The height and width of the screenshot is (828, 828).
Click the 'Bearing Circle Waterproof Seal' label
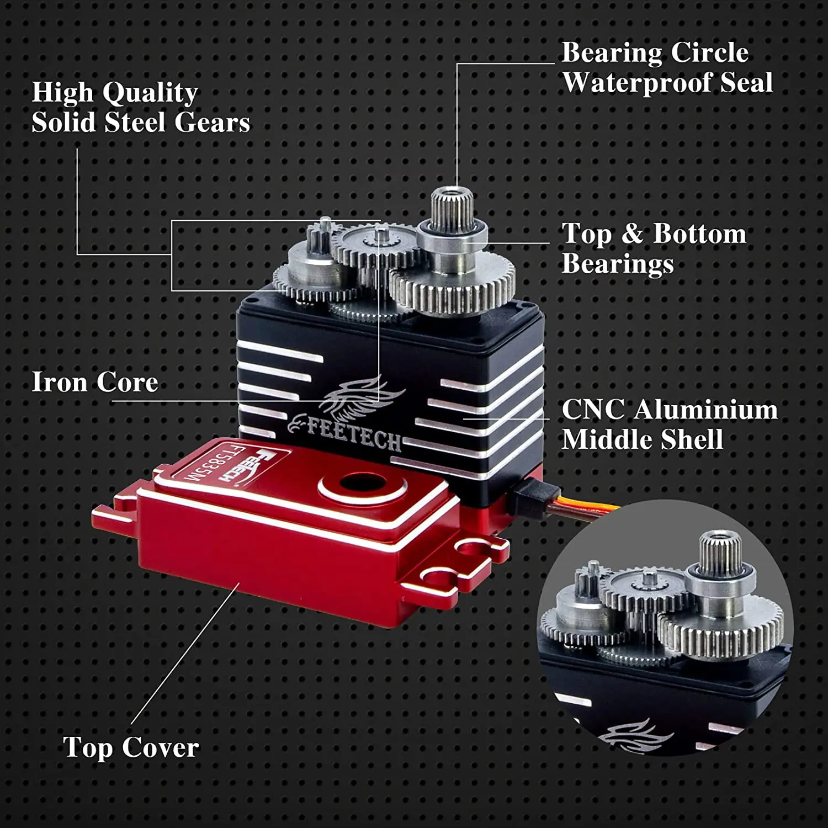pyautogui.click(x=666, y=68)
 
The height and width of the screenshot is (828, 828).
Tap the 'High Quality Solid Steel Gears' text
pyautogui.click(x=140, y=107)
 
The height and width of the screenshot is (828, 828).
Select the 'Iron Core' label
pyautogui.click(x=94, y=382)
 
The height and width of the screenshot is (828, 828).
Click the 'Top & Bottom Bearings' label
pyautogui.click(x=653, y=248)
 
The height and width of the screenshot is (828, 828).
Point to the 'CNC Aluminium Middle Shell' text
pyautogui.click(x=669, y=424)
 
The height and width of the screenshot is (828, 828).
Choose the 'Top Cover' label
pyautogui.click(x=131, y=747)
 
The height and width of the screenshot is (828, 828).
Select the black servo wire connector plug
pyautogui.click(x=531, y=493)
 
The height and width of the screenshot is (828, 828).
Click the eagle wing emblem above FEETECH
pyautogui.click(x=362, y=400)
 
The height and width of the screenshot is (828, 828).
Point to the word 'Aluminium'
pyautogui.click(x=705, y=410)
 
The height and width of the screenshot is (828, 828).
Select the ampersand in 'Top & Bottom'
pyautogui.click(x=632, y=233)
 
